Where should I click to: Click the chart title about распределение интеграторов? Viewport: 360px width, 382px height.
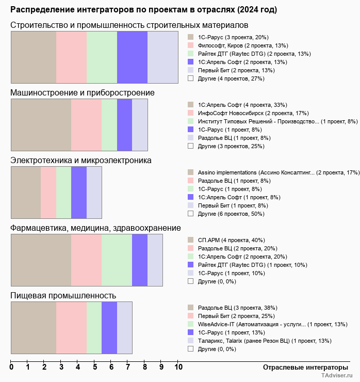point(143,10)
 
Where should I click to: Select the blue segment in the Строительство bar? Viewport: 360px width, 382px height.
point(132,57)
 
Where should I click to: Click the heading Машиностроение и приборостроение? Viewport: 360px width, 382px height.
point(83,92)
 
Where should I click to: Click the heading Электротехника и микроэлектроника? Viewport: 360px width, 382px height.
point(81,160)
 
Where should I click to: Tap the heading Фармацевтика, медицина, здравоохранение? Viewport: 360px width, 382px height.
point(95,228)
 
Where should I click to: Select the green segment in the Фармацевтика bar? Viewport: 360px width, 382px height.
point(117,260)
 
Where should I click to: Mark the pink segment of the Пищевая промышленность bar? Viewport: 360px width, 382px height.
point(71,328)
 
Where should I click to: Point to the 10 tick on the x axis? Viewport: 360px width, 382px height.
point(178,368)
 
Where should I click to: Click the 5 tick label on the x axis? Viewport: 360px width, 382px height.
point(95,368)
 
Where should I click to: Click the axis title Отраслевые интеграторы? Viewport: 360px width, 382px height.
point(302,367)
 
